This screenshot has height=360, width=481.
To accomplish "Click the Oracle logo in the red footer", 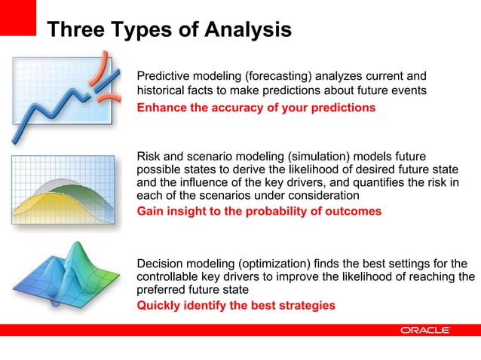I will (425, 330).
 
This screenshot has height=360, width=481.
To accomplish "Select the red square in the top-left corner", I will (17, 17).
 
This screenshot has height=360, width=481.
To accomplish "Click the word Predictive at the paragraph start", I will (164, 76).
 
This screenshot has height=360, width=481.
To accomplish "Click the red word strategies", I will (305, 305).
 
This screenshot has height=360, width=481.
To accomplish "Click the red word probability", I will (272, 212).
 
